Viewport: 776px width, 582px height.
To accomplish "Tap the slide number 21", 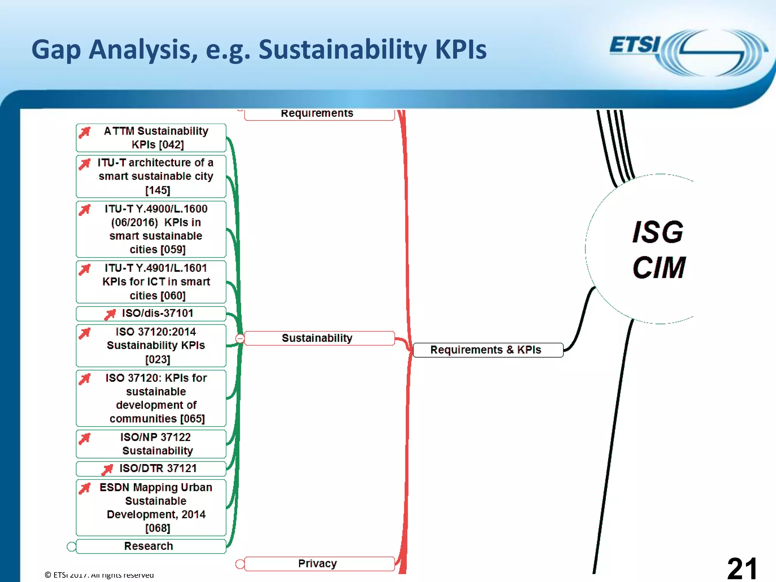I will point(742,568).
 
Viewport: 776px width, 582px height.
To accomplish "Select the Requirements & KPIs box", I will point(488,350).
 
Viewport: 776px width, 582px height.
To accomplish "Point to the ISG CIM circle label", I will point(659,249).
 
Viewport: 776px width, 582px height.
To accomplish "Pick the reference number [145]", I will point(158,190).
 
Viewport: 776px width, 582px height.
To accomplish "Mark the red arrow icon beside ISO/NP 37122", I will point(85,438).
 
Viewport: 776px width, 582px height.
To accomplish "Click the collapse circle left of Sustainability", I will point(240,338).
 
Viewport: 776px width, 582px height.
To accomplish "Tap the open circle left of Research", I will point(71,546).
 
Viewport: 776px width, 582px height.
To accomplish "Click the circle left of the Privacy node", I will point(240,564).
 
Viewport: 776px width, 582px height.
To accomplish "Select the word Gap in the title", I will point(56,50).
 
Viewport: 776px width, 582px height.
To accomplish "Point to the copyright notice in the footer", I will point(99,575).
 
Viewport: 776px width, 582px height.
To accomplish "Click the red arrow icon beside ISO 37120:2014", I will point(85,333).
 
